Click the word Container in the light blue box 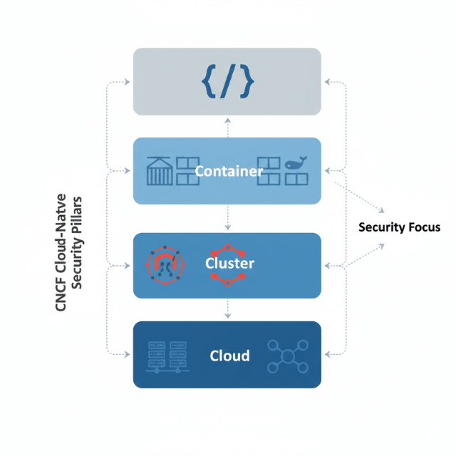pos(229,171)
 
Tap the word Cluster pos(230,264)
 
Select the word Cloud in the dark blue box pos(229,355)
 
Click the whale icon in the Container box pos(296,164)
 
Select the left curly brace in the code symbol pos(209,81)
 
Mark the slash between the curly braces pos(228,81)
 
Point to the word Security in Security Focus pos(382,228)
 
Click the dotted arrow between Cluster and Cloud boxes pos(227,308)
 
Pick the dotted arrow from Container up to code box pos(227,126)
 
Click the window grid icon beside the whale pos(270,172)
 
